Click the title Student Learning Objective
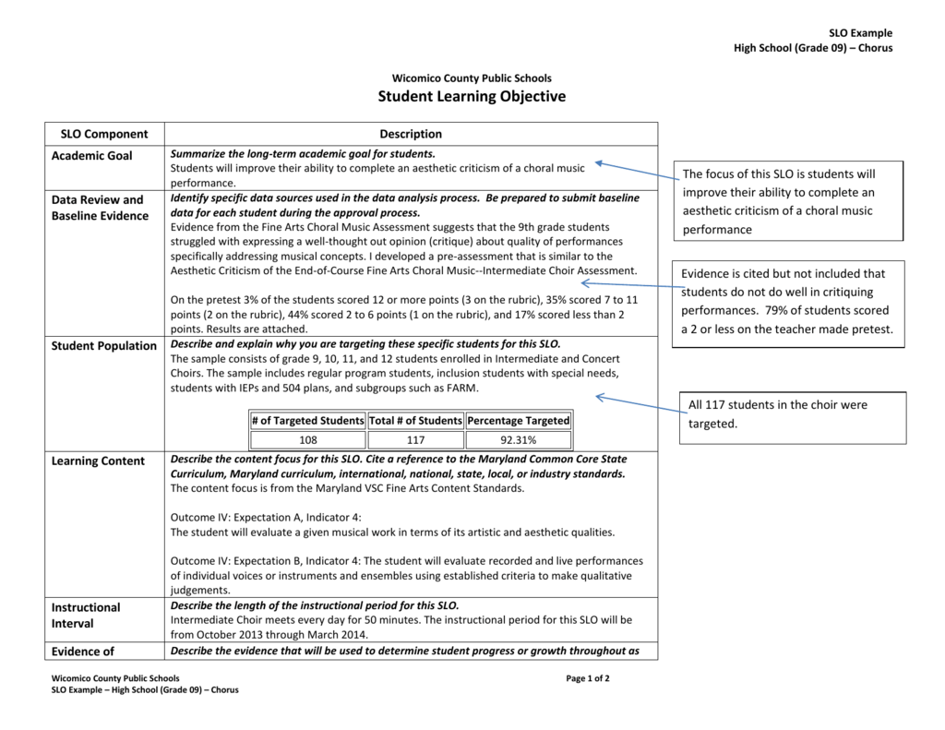click(x=472, y=97)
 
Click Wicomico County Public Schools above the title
click(x=472, y=78)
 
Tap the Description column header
click(x=411, y=134)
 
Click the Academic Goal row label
click(x=91, y=156)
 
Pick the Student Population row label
click(x=103, y=346)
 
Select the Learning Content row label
click(x=98, y=461)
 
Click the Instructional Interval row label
click(x=85, y=616)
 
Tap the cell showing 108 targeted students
click(x=308, y=440)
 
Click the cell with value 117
click(x=415, y=440)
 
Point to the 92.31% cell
click(x=518, y=440)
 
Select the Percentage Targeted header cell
click(x=518, y=421)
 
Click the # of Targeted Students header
click(x=308, y=421)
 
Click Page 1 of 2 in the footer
click(x=588, y=678)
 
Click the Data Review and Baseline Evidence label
click(x=99, y=208)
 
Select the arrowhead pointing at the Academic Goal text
click(x=599, y=163)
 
